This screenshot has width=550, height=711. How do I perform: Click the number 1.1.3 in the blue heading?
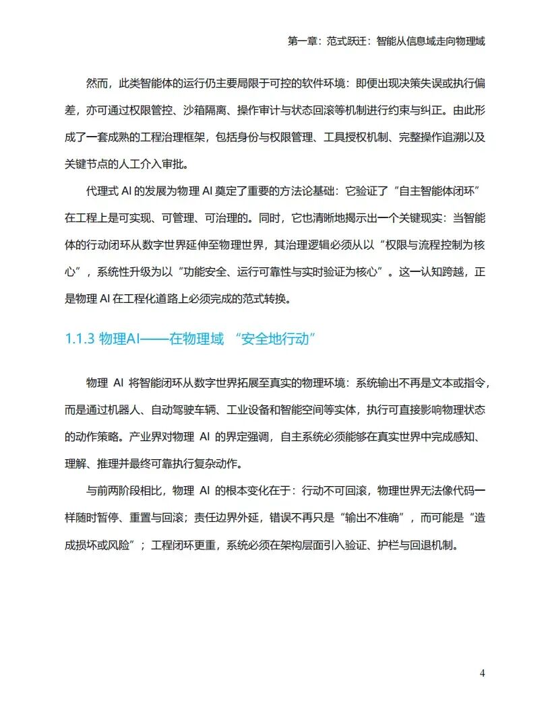pyautogui.click(x=80, y=339)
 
